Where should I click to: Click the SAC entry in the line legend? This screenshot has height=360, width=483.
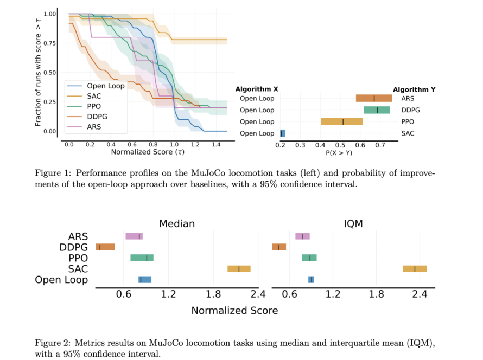coord(94,96)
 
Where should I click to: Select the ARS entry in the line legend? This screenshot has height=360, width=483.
coord(94,127)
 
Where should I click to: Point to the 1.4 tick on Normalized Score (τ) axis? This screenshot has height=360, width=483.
coord(217,145)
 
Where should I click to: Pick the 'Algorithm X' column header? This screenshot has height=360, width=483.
coord(257,89)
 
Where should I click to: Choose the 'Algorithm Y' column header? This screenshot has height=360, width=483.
coord(414,89)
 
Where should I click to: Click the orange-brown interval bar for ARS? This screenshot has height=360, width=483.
coord(374,98)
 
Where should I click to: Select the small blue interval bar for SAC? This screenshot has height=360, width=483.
coord(282,133)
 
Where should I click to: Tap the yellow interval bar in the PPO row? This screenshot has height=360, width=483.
coord(342,121)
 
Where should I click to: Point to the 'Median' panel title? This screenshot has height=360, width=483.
coord(177,224)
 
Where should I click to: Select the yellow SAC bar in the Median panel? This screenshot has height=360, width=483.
coord(239,268)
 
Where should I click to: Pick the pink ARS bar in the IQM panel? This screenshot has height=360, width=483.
coord(302,236)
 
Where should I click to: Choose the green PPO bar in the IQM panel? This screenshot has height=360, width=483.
coord(309,258)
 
